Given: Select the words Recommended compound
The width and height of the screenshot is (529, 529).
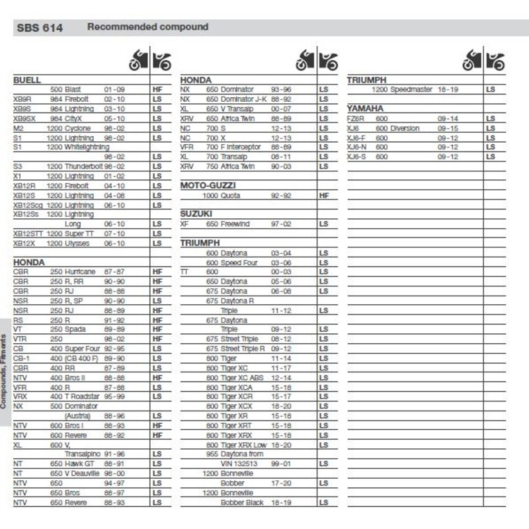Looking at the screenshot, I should tap(147, 27).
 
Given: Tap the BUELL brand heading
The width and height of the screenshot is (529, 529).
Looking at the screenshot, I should tap(27, 80).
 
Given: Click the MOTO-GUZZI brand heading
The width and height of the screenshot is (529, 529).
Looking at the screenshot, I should tap(208, 186).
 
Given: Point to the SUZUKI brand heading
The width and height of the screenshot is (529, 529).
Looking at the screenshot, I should tap(196, 214).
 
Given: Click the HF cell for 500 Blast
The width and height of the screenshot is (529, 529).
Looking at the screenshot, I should tap(157, 89).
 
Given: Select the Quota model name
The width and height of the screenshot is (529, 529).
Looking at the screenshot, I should tap(231, 196).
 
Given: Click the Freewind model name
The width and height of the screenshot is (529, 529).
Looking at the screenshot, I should tap(235, 224).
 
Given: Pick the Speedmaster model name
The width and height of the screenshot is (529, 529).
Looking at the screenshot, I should tap(410, 89).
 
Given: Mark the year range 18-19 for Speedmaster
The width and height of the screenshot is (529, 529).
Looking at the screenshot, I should tap(448, 89).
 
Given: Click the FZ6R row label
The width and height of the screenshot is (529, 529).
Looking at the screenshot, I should tap(356, 118).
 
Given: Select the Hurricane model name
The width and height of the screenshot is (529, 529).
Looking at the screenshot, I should tap(80, 272).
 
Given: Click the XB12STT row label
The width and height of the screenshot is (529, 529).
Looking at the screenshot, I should tap(28, 233).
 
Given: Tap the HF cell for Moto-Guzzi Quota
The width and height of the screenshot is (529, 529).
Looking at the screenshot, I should tap(324, 196).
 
